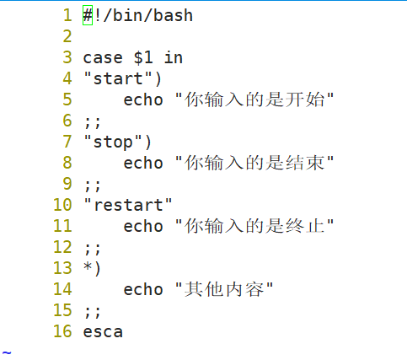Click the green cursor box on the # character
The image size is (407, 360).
tap(88, 15)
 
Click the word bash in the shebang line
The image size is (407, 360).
tap(173, 15)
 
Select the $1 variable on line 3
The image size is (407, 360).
tap(143, 57)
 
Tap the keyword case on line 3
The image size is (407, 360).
tap(103, 58)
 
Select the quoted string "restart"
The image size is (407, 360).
tap(128, 205)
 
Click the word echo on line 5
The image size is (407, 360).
tap(143, 99)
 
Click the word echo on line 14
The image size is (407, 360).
tap(143, 289)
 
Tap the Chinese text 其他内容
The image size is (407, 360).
tap(225, 289)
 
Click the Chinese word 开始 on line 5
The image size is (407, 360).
tap(305, 99)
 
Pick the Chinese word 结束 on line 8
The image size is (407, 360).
tap(305, 163)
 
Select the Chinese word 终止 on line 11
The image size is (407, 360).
tap(305, 226)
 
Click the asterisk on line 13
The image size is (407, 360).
tap(88, 266)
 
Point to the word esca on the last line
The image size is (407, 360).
tap(103, 332)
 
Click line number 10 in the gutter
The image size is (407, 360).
tap(62, 205)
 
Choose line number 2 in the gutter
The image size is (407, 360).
tap(67, 36)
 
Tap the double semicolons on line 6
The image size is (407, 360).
tap(93, 122)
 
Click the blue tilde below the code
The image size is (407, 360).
tap(7, 352)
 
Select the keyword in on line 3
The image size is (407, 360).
tap(174, 57)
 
